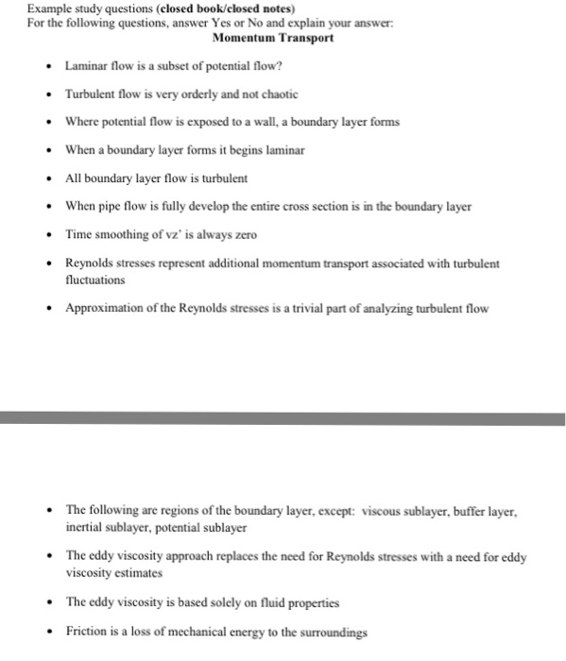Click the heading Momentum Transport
pos(273,39)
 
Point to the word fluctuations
pos(94,280)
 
